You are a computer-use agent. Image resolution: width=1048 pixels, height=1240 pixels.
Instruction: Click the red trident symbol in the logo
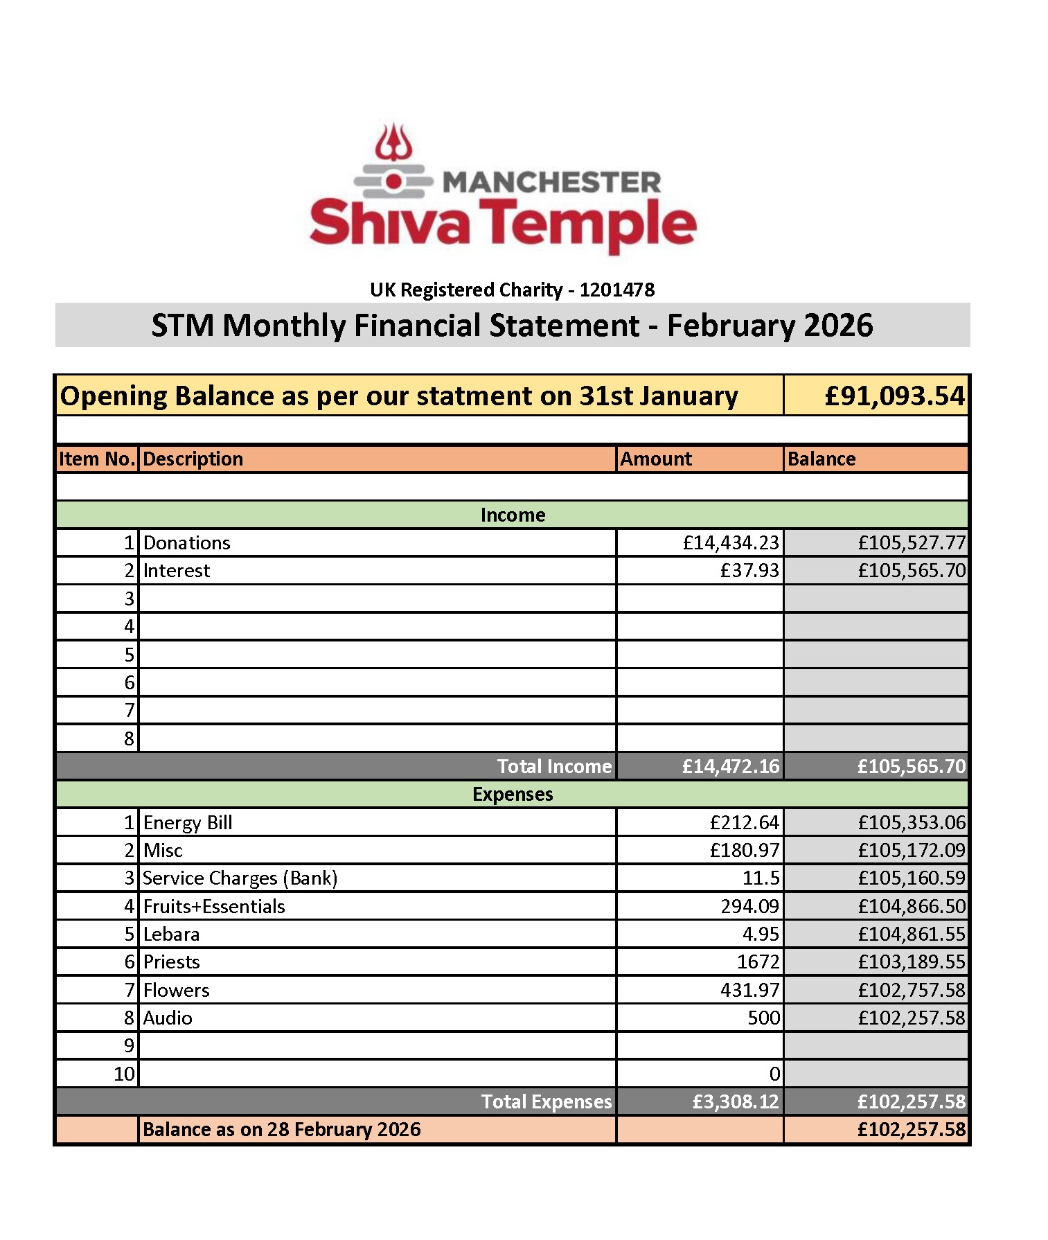pos(393,143)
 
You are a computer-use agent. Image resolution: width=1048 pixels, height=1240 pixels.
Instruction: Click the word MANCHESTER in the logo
pos(551,182)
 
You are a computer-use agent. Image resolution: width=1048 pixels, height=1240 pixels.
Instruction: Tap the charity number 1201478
pos(616,290)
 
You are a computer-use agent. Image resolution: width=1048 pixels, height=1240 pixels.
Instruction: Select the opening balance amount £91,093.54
pos(894,396)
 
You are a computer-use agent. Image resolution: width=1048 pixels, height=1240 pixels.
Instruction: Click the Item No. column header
pos(96,459)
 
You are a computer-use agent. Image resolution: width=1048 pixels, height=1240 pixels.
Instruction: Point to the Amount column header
pos(655,459)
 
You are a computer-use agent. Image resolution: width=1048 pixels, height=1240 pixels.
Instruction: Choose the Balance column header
pos(821,459)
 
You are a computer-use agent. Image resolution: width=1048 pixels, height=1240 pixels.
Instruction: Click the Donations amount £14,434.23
pos(731,542)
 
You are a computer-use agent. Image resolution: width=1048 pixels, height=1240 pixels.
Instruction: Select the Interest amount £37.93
pos(749,570)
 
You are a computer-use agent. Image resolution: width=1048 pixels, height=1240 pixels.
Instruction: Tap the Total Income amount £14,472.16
pos(731,766)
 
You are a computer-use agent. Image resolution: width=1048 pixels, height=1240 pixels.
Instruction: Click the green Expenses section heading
pos(513,794)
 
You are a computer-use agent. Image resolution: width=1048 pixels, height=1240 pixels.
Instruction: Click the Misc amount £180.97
pos(745,850)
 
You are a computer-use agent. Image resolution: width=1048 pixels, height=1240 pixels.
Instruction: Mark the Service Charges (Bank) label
pos(240,878)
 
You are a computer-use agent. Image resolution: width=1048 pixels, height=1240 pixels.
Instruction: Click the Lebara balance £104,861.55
pos(912,934)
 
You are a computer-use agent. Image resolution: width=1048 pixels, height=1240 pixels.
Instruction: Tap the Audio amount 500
pos(764,1018)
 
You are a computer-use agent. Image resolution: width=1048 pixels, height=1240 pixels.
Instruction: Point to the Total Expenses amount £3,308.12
pos(736,1101)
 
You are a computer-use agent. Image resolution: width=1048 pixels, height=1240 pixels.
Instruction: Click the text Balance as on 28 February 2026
pos(281,1129)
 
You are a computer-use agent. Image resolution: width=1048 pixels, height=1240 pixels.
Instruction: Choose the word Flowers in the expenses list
pos(176,990)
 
